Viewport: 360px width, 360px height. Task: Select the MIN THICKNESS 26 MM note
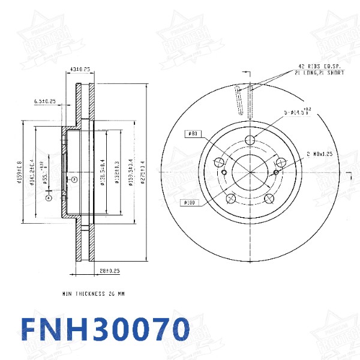[93, 294]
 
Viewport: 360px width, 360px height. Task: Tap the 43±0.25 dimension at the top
[80, 70]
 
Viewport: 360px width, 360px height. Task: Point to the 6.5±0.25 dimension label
[44, 101]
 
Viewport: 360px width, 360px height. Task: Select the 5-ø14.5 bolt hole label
[298, 112]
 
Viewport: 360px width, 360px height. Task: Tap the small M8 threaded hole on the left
[224, 173]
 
